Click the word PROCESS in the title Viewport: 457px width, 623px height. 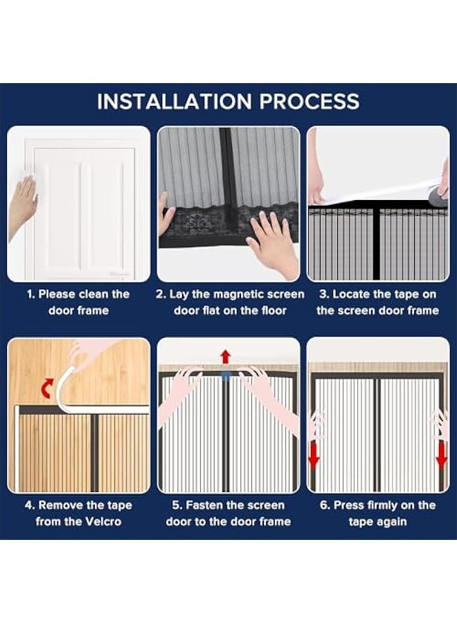click(x=308, y=102)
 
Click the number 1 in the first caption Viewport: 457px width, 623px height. click(x=30, y=294)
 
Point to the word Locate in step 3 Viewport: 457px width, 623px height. click(x=354, y=294)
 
